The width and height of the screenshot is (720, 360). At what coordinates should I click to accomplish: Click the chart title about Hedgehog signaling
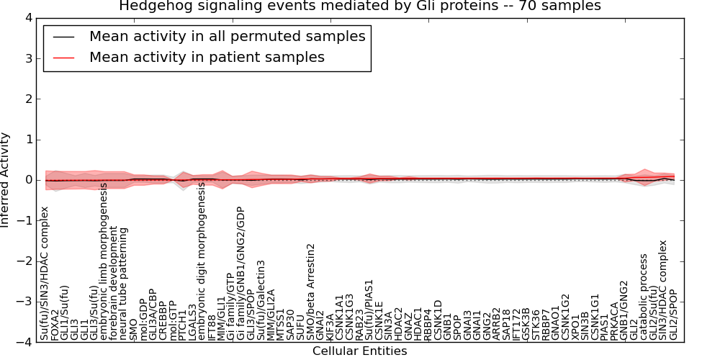point(359,7)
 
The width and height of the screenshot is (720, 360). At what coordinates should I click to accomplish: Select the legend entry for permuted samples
point(227,36)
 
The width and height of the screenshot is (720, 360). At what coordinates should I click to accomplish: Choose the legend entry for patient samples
point(207,57)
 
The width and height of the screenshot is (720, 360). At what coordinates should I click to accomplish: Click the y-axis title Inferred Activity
point(6,180)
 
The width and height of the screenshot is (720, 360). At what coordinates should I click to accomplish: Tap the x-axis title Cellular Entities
point(359,351)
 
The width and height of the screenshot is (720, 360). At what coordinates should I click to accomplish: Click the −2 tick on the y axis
point(24,261)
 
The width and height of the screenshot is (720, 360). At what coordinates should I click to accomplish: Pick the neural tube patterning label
point(124,284)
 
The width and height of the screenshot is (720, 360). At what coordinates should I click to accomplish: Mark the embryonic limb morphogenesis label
point(104,262)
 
